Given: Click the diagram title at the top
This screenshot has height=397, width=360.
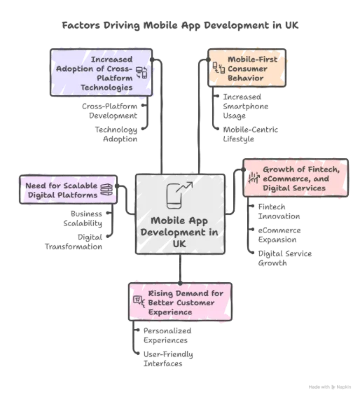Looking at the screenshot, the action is [x=180, y=25].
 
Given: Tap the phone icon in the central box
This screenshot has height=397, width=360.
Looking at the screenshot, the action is [x=179, y=195].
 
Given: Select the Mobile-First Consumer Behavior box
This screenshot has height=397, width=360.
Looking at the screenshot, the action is [x=247, y=68].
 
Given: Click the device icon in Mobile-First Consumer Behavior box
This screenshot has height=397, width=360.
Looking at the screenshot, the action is [x=219, y=68].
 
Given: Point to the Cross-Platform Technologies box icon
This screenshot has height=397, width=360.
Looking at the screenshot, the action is [x=141, y=73].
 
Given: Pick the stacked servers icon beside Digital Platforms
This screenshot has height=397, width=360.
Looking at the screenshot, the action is [x=106, y=190].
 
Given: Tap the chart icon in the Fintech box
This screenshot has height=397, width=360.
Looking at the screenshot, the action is [x=254, y=178].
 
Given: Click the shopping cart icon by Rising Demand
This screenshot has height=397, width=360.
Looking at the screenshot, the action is [x=139, y=302].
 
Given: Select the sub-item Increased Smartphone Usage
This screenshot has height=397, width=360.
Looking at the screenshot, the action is [x=246, y=106].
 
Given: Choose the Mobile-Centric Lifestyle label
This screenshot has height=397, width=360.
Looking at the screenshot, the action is [x=250, y=134].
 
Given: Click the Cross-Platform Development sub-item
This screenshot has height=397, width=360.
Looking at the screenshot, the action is [x=109, y=111].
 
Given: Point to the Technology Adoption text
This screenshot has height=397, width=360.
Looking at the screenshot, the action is [x=116, y=134].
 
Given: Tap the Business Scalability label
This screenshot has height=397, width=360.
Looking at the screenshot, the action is [x=83, y=218].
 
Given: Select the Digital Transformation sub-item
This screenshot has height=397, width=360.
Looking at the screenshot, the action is [x=74, y=242].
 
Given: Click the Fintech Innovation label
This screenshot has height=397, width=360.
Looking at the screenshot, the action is [x=279, y=211].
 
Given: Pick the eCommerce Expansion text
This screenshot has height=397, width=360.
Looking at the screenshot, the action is [x=279, y=235].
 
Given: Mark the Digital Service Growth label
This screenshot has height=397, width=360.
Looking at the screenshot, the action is [x=285, y=258].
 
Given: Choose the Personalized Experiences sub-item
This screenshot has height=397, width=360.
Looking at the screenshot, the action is [x=167, y=335].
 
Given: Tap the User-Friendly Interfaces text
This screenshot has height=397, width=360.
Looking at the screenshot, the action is [x=168, y=358].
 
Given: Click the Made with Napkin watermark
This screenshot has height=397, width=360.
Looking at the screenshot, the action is [x=330, y=387].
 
